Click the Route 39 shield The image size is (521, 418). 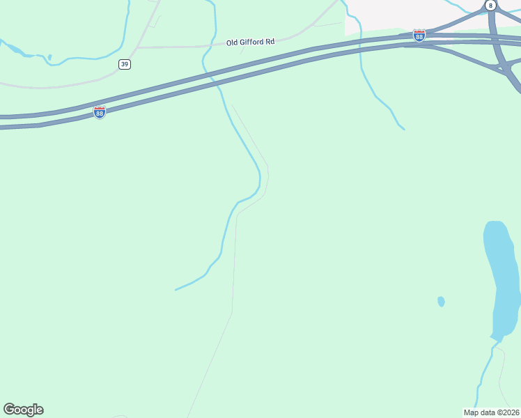125,64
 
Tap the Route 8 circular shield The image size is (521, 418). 491,5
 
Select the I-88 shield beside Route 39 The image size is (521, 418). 100,112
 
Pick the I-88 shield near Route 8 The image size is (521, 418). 419,36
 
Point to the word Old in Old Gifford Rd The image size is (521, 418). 233,42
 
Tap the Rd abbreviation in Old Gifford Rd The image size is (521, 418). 270,42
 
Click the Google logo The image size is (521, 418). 23,410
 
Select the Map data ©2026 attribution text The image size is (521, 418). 492,412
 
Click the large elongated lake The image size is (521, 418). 501,279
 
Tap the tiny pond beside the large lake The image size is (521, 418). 441,302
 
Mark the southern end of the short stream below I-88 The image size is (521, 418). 403,129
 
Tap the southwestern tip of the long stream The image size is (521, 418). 176,289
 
